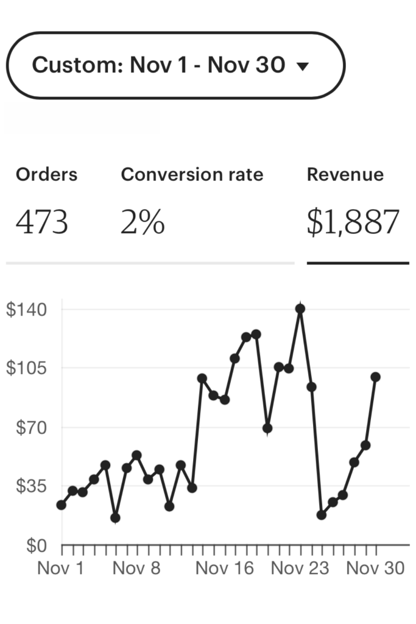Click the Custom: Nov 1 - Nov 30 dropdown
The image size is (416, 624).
coord(175,65)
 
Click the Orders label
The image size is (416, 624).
coord(47,175)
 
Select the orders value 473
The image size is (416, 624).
coord(42,223)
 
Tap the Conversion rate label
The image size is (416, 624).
coord(192,175)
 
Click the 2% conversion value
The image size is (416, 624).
coord(143,223)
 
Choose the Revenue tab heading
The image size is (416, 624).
coord(345,175)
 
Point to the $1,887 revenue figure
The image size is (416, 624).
coord(353,223)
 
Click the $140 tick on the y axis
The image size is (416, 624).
coord(27,309)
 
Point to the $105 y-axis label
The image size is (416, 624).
coord(27,368)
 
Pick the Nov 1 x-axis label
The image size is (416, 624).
coord(61,569)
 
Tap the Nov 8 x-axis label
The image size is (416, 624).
coord(137,569)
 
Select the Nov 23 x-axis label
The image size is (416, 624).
coord(300,569)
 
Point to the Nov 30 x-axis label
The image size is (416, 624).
coord(376,569)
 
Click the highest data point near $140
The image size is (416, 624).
coord(300,309)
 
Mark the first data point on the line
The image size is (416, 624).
coord(61,505)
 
